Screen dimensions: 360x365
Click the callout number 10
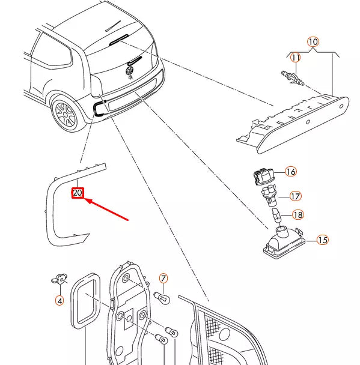pos(313,42)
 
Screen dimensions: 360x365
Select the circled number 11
pos(296,57)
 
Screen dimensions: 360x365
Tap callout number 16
pos(290,172)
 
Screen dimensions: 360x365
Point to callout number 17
pos(295,196)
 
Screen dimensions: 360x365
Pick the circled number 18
pos(298,215)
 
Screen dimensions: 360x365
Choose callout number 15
pos(323,240)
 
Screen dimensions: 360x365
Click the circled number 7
pos(163,279)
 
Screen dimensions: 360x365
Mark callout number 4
pos(59,301)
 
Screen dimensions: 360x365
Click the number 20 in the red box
pos(78,193)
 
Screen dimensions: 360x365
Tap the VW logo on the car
pos(129,70)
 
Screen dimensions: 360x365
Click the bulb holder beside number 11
pos(293,78)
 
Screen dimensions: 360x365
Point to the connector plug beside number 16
pos(264,176)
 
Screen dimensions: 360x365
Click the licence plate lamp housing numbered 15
pos(284,243)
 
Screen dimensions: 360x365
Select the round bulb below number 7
pos(162,298)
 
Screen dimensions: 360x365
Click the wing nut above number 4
pos(59,279)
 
